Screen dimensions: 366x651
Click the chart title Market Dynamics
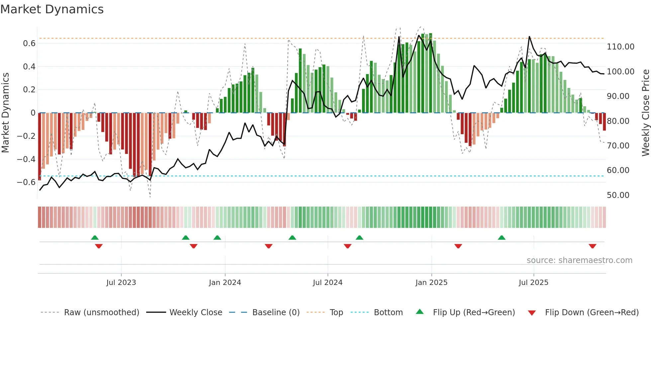click(52, 9)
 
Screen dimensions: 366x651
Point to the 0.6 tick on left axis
click(29, 44)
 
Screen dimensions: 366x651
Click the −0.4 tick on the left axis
click(26, 159)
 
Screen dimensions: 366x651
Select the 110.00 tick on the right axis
click(620, 47)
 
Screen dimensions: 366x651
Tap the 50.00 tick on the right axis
click(618, 195)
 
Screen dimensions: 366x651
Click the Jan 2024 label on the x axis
click(225, 283)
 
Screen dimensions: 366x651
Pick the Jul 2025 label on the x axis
click(533, 283)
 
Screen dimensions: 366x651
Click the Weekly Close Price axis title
click(645, 113)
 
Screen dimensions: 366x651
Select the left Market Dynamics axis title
click(5, 113)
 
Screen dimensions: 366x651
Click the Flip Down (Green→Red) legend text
click(592, 313)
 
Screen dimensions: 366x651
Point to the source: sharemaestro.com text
click(579, 260)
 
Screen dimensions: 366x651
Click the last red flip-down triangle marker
click(592, 246)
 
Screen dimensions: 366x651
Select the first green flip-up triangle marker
click(95, 237)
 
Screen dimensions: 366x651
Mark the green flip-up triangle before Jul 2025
click(502, 237)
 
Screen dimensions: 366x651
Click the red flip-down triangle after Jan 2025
click(458, 246)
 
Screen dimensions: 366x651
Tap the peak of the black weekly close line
click(529, 37)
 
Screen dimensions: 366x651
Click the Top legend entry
click(336, 313)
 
